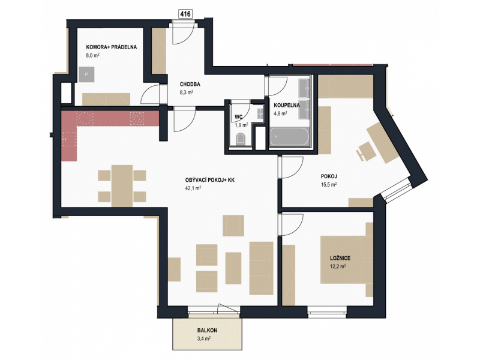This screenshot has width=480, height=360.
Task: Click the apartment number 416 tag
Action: [x=185, y=14]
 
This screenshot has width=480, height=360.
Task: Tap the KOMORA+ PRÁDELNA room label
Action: [x=112, y=47]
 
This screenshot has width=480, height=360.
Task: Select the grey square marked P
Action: [x=86, y=74]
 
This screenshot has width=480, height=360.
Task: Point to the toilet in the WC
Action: [x=241, y=139]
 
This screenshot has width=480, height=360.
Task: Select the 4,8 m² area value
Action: [x=280, y=113]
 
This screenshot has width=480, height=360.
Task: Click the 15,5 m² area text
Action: [x=329, y=185]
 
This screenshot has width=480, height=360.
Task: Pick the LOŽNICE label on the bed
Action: [x=340, y=258]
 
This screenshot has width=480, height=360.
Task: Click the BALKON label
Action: [x=207, y=331]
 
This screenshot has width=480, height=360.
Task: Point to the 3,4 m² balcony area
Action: [x=204, y=338]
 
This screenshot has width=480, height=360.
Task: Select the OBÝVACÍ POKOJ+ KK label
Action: [x=209, y=180]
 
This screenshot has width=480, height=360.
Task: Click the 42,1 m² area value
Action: [x=193, y=188]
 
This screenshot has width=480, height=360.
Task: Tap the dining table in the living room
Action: [x=122, y=186]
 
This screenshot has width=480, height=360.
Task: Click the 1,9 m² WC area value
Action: [x=241, y=125]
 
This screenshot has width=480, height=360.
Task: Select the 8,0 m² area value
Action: [x=93, y=55]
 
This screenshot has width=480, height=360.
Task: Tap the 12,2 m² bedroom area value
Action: [x=338, y=266]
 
